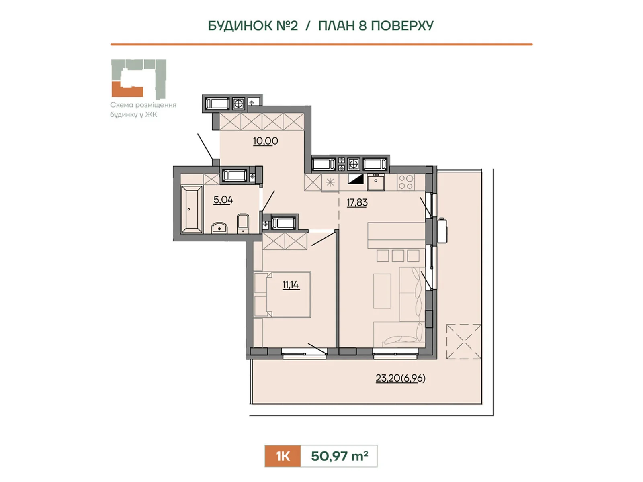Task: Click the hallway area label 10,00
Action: (265, 141)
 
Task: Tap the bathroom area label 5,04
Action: (223, 200)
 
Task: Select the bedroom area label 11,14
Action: (291, 284)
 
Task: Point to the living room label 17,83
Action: (357, 202)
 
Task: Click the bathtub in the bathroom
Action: (192, 209)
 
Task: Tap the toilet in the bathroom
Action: (243, 224)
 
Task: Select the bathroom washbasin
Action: (219, 228)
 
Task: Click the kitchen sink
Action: (376, 182)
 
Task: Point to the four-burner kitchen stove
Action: (406, 182)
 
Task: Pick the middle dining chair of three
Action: (398, 256)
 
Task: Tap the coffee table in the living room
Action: (382, 291)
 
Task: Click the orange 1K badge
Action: (283, 456)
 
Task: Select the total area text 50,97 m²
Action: (340, 456)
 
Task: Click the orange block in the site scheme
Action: (127, 89)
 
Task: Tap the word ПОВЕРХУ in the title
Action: (402, 26)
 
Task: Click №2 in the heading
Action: (287, 26)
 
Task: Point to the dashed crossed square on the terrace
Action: (464, 341)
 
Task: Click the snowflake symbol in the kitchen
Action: (330, 183)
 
